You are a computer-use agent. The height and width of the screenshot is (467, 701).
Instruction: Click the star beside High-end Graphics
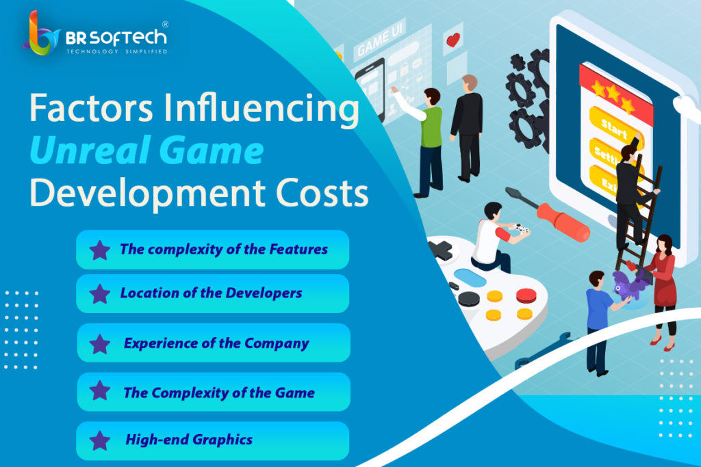coord(100,440)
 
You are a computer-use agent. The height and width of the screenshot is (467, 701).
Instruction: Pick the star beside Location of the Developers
coord(100,293)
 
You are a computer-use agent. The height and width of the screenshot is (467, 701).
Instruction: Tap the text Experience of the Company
coord(216,343)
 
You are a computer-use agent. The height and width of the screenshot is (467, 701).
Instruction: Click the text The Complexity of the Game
coord(219,392)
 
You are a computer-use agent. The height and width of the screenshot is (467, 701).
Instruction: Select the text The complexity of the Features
coord(223,249)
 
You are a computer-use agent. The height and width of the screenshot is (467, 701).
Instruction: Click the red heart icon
coord(453,40)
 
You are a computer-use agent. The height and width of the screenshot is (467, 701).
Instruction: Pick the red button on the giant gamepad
coord(526,295)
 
